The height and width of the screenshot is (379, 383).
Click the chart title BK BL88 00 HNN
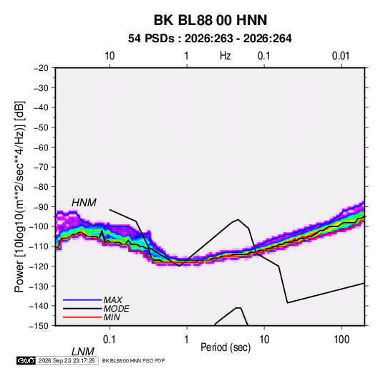point(210,20)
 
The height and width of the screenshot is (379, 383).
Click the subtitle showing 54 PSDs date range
point(210,39)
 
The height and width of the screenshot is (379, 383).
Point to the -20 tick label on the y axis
point(41,68)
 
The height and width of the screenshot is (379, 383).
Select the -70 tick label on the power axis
point(41,167)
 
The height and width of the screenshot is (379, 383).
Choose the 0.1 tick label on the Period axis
point(110,340)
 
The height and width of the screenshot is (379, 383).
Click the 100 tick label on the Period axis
point(341,340)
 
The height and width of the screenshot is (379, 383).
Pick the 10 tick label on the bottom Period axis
point(264,340)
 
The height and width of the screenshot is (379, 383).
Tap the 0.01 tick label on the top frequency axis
point(341,56)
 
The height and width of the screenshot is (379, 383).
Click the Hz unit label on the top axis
point(226,56)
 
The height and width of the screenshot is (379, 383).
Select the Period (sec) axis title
point(226,347)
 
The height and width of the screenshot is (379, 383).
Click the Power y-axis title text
point(19,196)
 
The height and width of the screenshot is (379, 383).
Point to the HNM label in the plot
point(84,203)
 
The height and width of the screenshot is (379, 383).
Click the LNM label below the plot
point(83,352)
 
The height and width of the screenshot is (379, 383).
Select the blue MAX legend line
point(82,299)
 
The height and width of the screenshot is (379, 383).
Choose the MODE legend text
point(116,309)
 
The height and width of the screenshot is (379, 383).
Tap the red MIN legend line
point(82,317)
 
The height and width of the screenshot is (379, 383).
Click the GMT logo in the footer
point(26,360)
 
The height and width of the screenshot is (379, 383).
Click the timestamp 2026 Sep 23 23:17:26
point(67,360)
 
